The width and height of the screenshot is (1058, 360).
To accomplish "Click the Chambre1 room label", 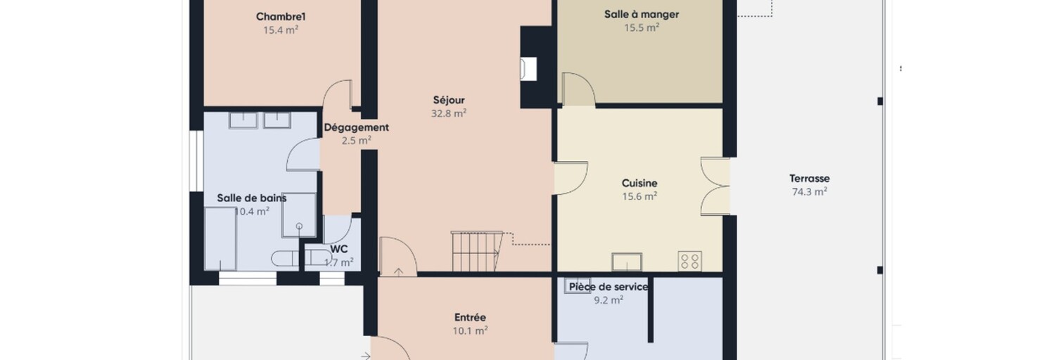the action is [281, 16].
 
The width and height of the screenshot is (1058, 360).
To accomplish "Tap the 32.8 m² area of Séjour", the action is [449, 113].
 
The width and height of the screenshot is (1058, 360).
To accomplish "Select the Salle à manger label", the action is [642, 14].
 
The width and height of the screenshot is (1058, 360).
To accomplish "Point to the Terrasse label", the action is [810, 179].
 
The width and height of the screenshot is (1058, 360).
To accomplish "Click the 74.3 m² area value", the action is [810, 191].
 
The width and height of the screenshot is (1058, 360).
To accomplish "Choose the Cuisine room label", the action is [639, 183].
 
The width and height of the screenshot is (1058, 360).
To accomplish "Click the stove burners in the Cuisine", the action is [690, 261].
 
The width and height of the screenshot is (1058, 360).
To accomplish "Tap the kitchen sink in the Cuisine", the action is [627, 262].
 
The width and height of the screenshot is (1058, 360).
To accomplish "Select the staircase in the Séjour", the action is [476, 252].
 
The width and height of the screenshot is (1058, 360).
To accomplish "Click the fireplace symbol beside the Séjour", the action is [528, 69].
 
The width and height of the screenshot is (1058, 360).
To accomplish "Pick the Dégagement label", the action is [356, 127].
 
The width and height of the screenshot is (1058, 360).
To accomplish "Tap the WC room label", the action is [339, 249].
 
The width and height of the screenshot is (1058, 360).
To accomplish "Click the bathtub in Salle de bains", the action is [220, 239].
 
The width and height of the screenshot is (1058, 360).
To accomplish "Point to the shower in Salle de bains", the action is [299, 214].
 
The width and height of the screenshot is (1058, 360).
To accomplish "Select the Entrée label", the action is [470, 318].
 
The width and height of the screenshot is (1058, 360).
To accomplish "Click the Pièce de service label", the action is [608, 287].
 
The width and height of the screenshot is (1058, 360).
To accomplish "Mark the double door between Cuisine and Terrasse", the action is [715, 187].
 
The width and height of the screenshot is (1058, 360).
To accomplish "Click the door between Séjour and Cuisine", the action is [571, 178].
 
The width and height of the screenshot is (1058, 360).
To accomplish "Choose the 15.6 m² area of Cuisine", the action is [639, 196].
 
